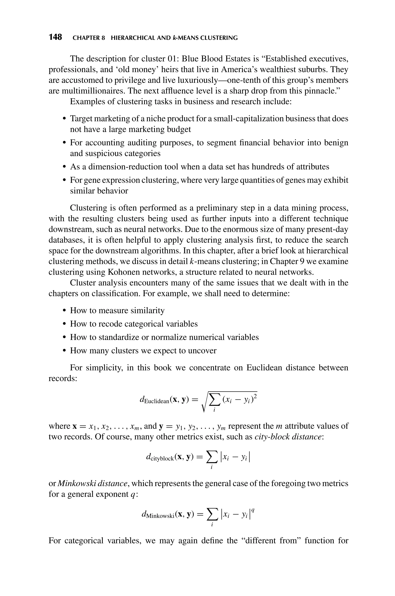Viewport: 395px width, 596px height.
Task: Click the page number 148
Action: click(x=55, y=37)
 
